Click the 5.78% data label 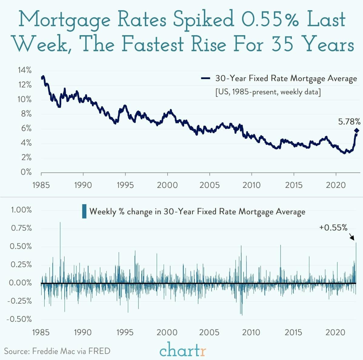click(349, 122)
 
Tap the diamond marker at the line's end click(356, 131)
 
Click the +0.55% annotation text click(333, 228)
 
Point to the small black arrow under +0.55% click(351, 236)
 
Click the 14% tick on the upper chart click(25, 70)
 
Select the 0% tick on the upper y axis click(26, 172)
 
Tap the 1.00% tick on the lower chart click(21, 210)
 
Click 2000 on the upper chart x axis click(167, 185)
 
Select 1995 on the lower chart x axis click(125, 332)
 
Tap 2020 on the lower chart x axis click(335, 332)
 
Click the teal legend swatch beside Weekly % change click(84, 211)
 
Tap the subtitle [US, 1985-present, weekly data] click(268, 92)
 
